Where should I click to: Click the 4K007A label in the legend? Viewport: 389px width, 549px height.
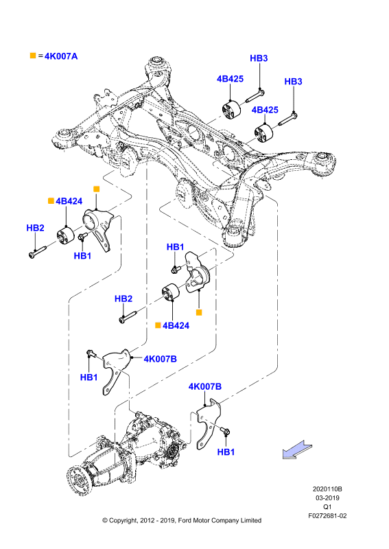pos(61,56)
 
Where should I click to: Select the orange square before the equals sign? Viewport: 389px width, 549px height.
pos(33,56)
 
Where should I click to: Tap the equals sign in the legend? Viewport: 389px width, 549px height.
pos(40,56)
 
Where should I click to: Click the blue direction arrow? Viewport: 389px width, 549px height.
pos(297,449)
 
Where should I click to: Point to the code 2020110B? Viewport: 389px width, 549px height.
pos(327,489)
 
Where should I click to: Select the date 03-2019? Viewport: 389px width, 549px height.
pos(327,498)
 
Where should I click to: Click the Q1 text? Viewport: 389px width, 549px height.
pos(327,506)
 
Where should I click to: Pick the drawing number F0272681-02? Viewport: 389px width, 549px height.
pos(327,516)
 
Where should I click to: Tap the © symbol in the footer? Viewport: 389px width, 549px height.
pos(105,521)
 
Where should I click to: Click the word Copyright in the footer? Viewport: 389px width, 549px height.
pos(123,521)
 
